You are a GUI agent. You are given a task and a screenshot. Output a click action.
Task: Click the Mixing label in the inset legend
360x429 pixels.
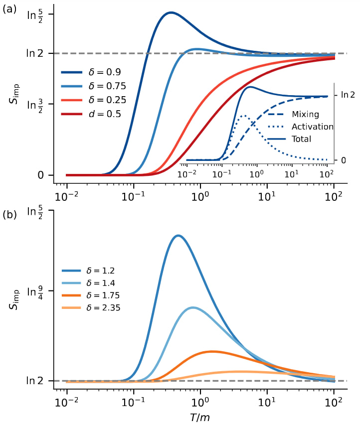pyautogui.click(x=305, y=115)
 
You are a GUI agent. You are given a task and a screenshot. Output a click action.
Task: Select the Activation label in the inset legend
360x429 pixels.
pyautogui.click(x=312, y=127)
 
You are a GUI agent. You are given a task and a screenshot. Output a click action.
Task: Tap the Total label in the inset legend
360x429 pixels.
pyautogui.click(x=302, y=139)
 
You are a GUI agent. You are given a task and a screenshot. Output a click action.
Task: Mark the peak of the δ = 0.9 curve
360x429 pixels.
pyautogui.click(x=171, y=12)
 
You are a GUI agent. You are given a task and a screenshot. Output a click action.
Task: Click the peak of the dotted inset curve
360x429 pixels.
pyautogui.click(x=243, y=116)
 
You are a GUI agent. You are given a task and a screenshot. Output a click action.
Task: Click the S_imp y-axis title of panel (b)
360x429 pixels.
pyautogui.click(x=15, y=297)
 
